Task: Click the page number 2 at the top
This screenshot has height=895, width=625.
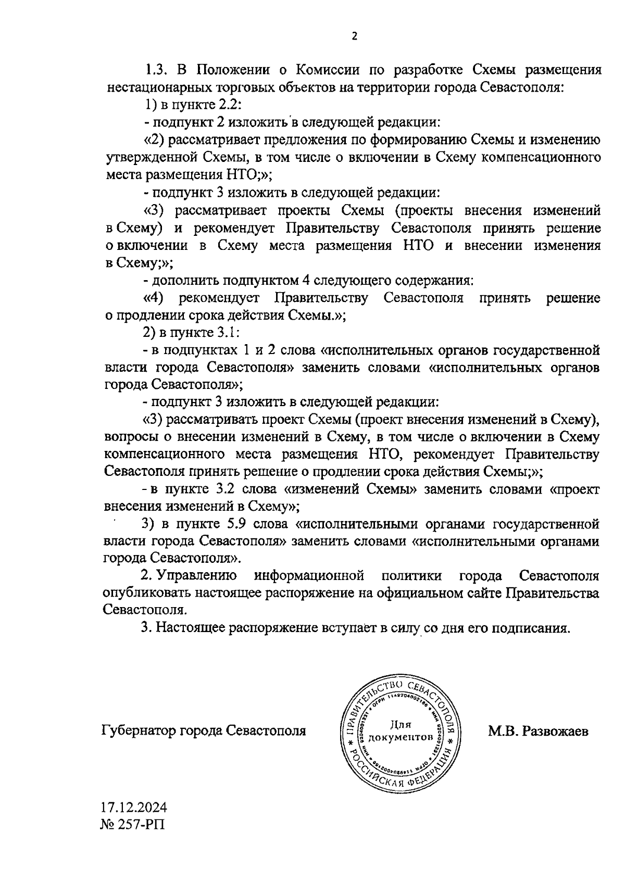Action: [x=355, y=36]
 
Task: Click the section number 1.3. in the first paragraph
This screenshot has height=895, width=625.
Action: [x=156, y=70]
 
